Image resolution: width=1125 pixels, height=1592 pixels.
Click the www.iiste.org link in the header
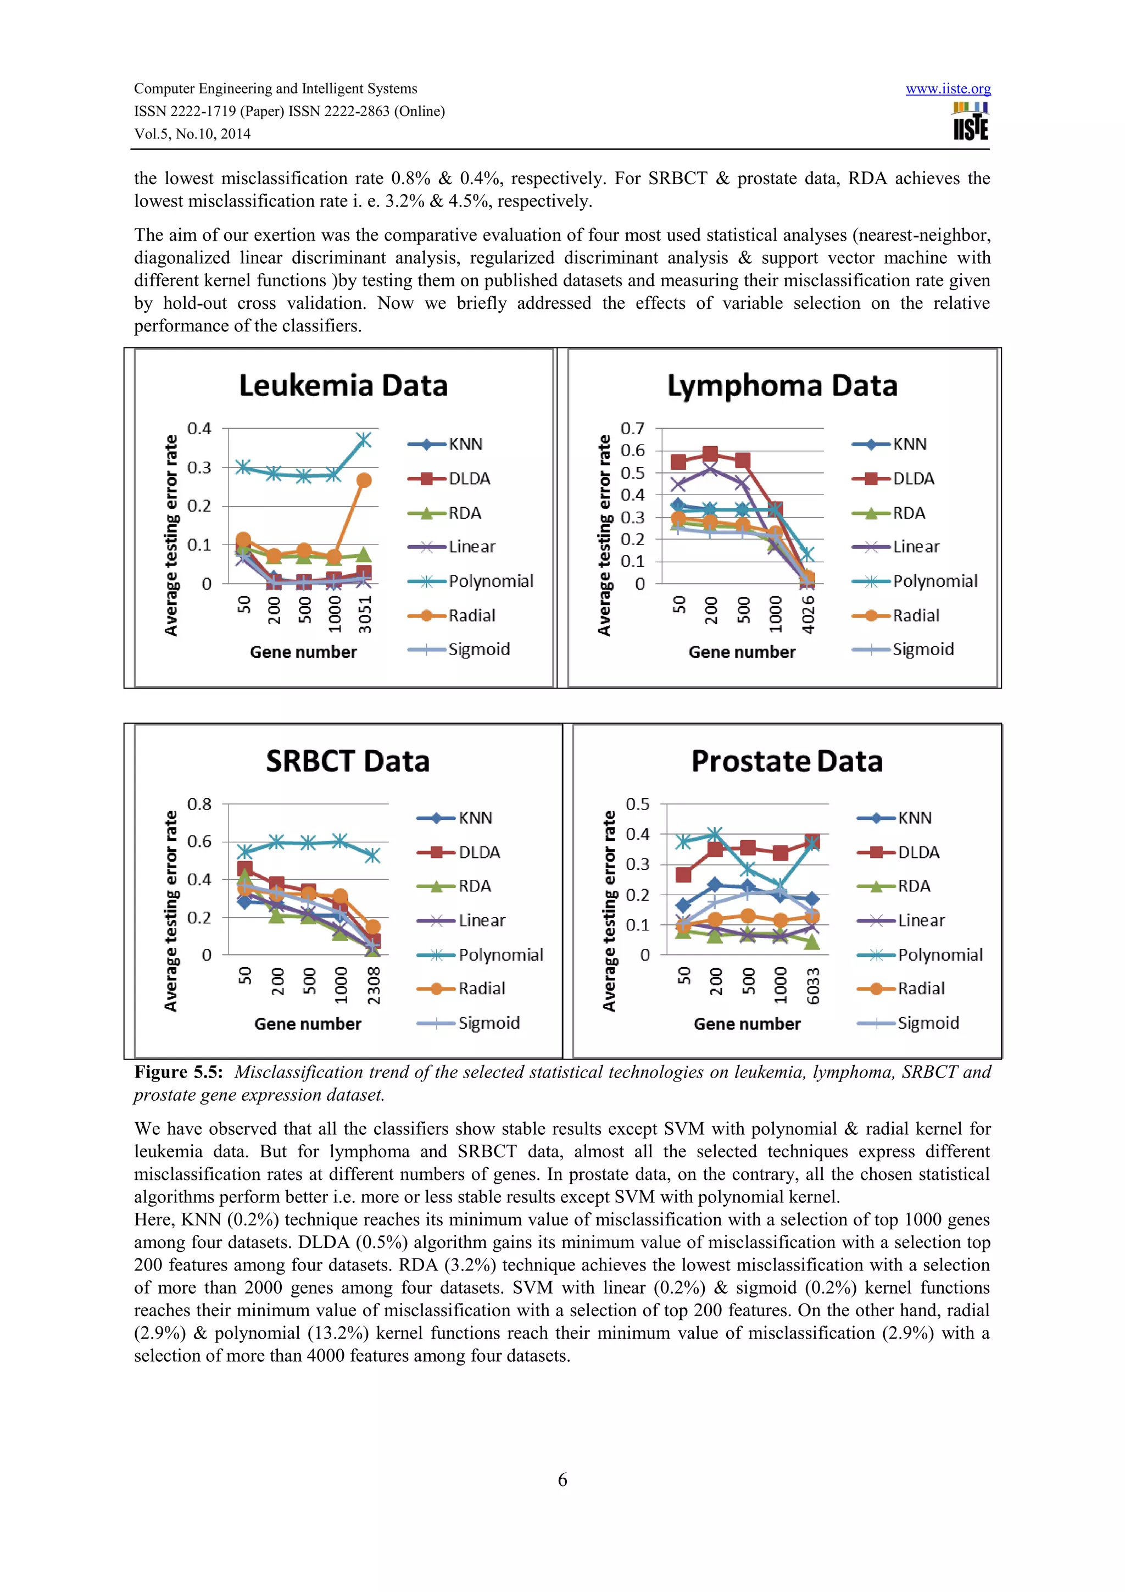948,89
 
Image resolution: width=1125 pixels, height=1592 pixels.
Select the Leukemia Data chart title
343,386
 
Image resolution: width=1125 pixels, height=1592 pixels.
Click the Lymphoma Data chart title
782,386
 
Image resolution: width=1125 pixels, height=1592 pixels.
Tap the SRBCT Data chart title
347,761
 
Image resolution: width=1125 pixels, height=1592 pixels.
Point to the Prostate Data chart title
787,761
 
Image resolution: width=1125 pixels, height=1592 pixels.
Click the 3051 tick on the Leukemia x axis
365,614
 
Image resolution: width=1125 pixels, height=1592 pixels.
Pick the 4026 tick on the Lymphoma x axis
807,614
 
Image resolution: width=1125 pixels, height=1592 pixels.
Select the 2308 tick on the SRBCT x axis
374,985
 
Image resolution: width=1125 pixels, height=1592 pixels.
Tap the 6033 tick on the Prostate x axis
813,985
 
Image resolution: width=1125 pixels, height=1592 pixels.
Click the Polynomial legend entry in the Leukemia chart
490,581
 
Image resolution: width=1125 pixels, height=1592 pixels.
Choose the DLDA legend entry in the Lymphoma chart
913,479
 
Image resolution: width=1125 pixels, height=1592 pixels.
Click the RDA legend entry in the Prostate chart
914,886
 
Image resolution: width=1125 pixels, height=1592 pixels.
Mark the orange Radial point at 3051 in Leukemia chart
364,480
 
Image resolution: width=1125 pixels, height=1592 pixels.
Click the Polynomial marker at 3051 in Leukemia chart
364,440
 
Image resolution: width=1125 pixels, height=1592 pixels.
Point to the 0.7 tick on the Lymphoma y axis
632,429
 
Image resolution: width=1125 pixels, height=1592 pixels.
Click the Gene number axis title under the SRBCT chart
308,1024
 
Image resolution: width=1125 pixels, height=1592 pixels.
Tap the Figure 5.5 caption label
178,1072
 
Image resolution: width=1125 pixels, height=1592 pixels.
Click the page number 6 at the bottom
562,1480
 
